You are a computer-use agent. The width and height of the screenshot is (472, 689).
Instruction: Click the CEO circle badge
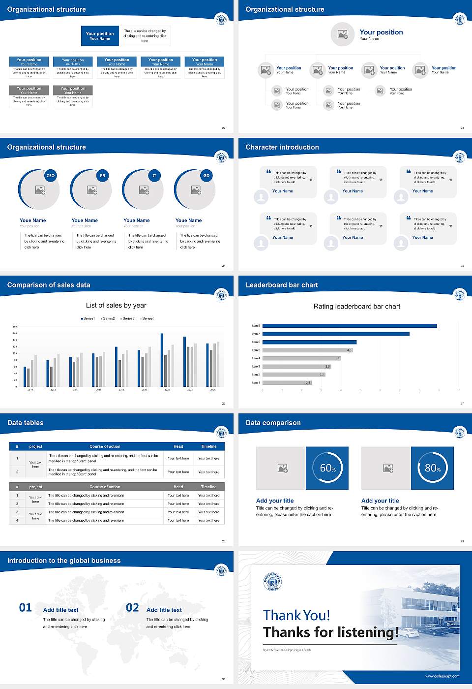pos(50,176)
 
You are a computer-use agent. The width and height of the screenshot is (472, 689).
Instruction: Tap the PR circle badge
pos(102,176)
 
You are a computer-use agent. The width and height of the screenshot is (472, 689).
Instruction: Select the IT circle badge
pos(154,176)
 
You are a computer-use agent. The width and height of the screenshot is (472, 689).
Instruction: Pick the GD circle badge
pos(206,176)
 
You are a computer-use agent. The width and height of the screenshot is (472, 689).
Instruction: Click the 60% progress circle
pos(327,468)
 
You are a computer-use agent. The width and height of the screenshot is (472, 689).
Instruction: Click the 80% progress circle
pos(432,468)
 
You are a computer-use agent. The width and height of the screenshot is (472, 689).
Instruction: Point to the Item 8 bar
pos(350,326)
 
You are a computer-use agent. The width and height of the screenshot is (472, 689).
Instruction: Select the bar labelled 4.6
pos(308,350)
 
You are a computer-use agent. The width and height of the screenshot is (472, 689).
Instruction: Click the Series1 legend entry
pos(88,318)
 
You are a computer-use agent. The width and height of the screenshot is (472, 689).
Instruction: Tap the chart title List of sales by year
pos(116,305)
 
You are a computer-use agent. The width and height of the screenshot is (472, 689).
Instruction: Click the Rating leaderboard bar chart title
pos(356,306)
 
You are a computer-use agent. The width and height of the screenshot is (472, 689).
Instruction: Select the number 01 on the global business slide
pos(26,608)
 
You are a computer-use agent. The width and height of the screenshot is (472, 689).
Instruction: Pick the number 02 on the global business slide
pos(132,608)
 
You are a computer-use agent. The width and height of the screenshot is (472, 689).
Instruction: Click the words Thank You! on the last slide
pos(296,615)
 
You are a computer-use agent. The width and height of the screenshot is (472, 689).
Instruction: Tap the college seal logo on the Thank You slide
pos(273,582)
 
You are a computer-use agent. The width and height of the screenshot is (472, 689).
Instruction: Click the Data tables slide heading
pos(26,423)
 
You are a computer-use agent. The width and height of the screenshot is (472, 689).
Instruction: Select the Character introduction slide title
pos(282,147)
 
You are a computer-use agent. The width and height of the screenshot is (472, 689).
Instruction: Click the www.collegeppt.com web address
pos(442,676)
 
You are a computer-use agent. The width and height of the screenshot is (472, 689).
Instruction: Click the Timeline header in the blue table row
pos(208,446)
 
